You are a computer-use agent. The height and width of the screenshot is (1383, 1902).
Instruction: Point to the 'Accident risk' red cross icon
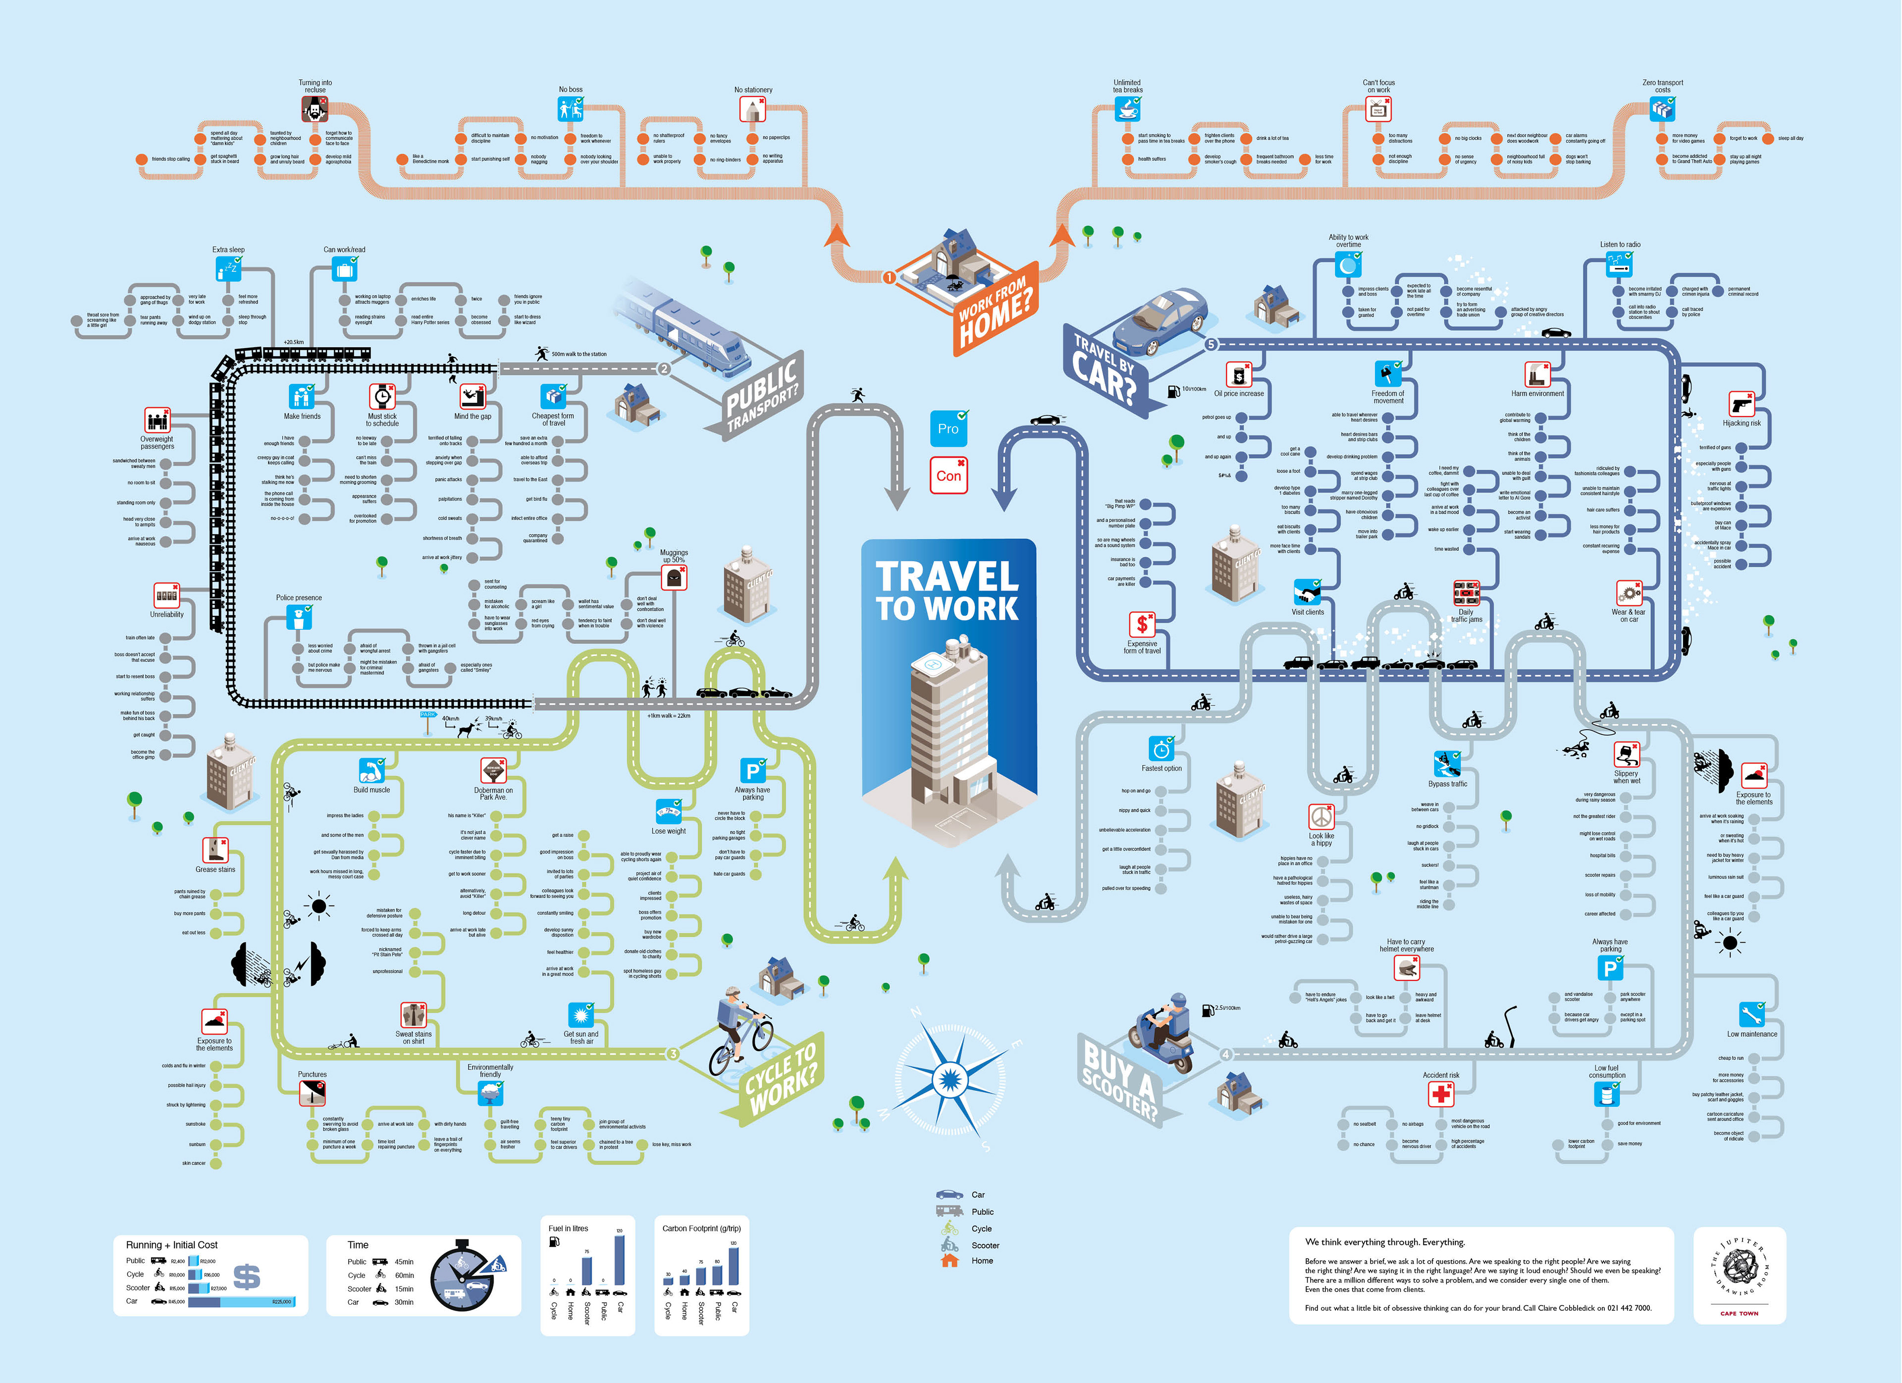coord(1441,1094)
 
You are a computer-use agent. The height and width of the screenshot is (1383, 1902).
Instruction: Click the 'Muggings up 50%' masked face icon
coord(674,577)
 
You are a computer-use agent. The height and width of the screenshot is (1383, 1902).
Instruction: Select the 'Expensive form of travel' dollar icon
coord(1141,624)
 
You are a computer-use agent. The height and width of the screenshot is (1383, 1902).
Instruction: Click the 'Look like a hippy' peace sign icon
coord(1321,816)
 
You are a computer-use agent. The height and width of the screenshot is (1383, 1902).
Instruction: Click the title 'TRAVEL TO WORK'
coord(948,591)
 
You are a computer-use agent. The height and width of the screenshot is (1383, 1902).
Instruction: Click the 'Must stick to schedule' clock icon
coord(382,396)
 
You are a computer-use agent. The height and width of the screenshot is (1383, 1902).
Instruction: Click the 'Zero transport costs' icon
coord(1662,108)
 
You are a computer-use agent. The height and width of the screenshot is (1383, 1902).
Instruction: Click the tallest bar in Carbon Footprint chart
coord(734,1267)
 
